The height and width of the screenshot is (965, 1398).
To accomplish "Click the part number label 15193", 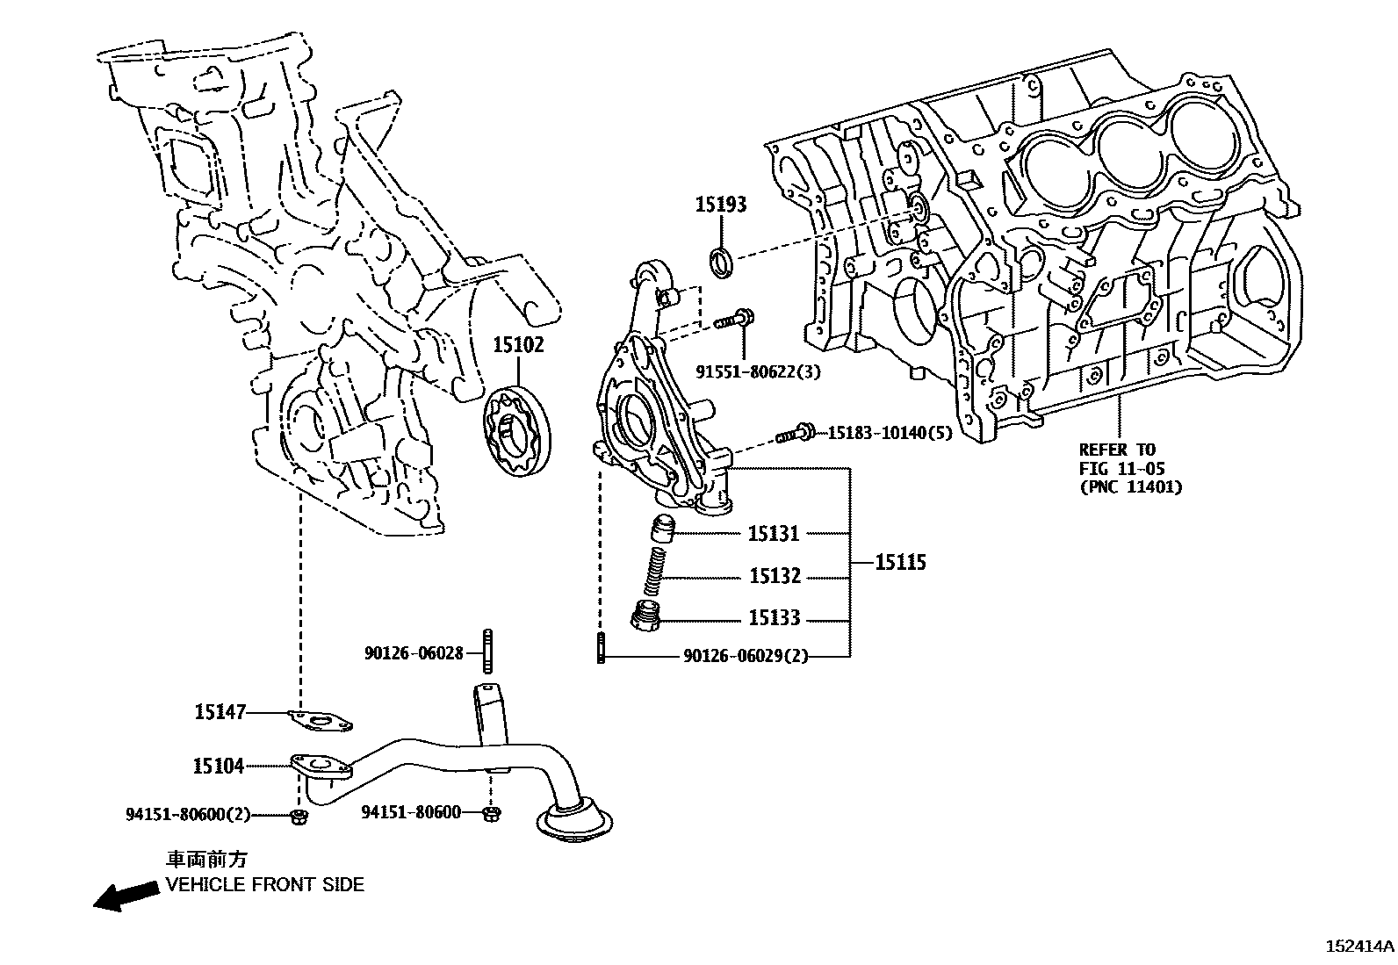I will (x=720, y=205).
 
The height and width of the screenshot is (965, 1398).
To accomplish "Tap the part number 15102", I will (x=517, y=345).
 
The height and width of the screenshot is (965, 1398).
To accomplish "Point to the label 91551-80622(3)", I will (x=758, y=371).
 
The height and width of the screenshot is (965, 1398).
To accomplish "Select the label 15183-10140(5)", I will (x=890, y=433).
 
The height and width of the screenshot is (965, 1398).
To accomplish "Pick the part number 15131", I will (x=774, y=534).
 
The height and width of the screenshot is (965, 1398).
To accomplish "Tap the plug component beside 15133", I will (x=645, y=617).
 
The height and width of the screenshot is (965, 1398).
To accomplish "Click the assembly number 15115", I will (x=900, y=562).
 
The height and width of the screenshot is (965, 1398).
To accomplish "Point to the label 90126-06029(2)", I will (x=745, y=657).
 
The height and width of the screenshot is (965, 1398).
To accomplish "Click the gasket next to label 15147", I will (x=321, y=723).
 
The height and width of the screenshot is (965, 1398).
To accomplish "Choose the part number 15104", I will (x=218, y=767).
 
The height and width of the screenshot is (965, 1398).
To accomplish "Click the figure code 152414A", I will (x=1358, y=947).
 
